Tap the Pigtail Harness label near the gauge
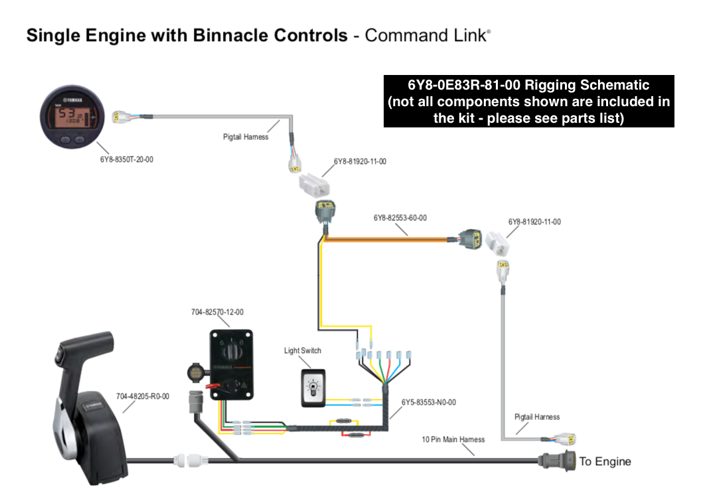click(246, 137)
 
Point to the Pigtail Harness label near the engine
click(537, 417)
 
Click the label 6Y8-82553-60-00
click(400, 217)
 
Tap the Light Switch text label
click(303, 350)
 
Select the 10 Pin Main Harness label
click(453, 439)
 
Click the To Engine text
click(605, 461)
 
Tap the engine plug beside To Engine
click(557, 460)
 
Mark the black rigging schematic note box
click(528, 101)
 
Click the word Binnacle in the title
click(231, 35)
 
